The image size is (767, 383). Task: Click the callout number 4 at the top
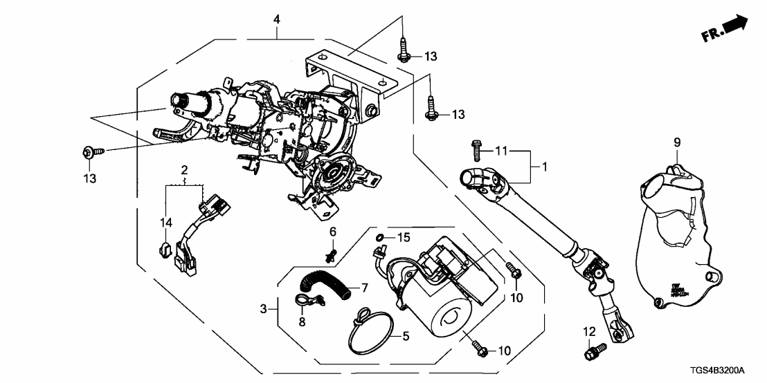coord(277,20)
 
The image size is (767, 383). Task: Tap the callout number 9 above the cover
coord(678,142)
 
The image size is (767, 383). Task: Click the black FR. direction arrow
coord(734,26)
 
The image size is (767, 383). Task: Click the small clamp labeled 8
coord(305,301)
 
